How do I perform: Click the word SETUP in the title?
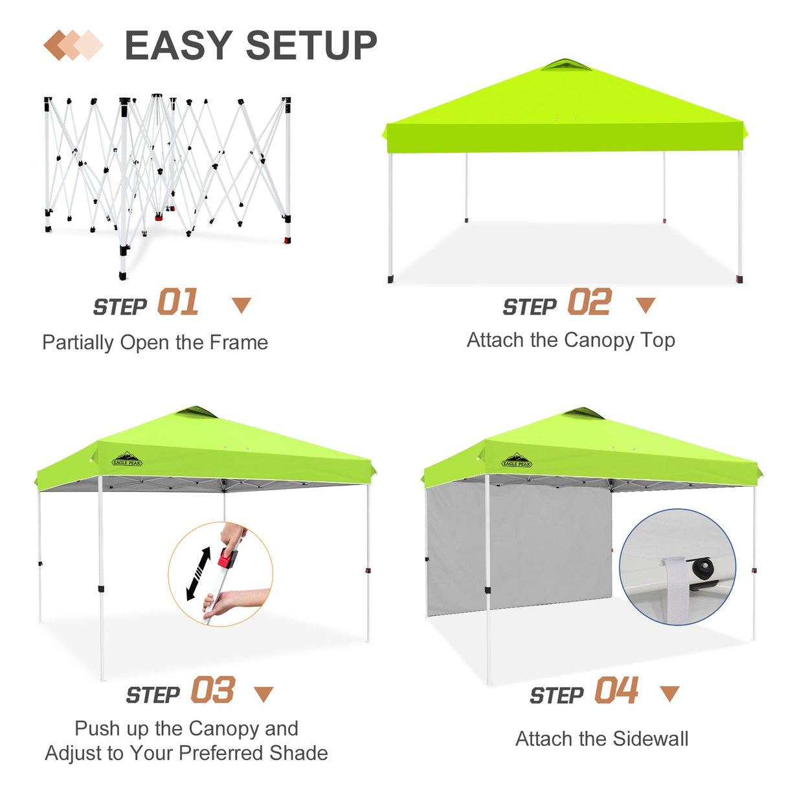coord(311,45)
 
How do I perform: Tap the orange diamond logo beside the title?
coord(73,45)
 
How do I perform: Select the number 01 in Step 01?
coord(178,302)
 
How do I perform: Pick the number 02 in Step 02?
coord(589,302)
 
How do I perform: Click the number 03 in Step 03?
coord(212,690)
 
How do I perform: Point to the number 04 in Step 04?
coord(616,690)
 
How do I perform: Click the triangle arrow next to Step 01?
coord(241,305)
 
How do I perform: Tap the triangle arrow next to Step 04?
coord(669,693)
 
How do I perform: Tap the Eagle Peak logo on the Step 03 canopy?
coord(127,460)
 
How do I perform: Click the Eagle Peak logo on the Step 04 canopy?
coord(517,461)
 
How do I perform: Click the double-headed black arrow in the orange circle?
coord(199,574)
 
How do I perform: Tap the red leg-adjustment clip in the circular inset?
coord(226,557)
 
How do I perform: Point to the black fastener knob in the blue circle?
coord(702,568)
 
